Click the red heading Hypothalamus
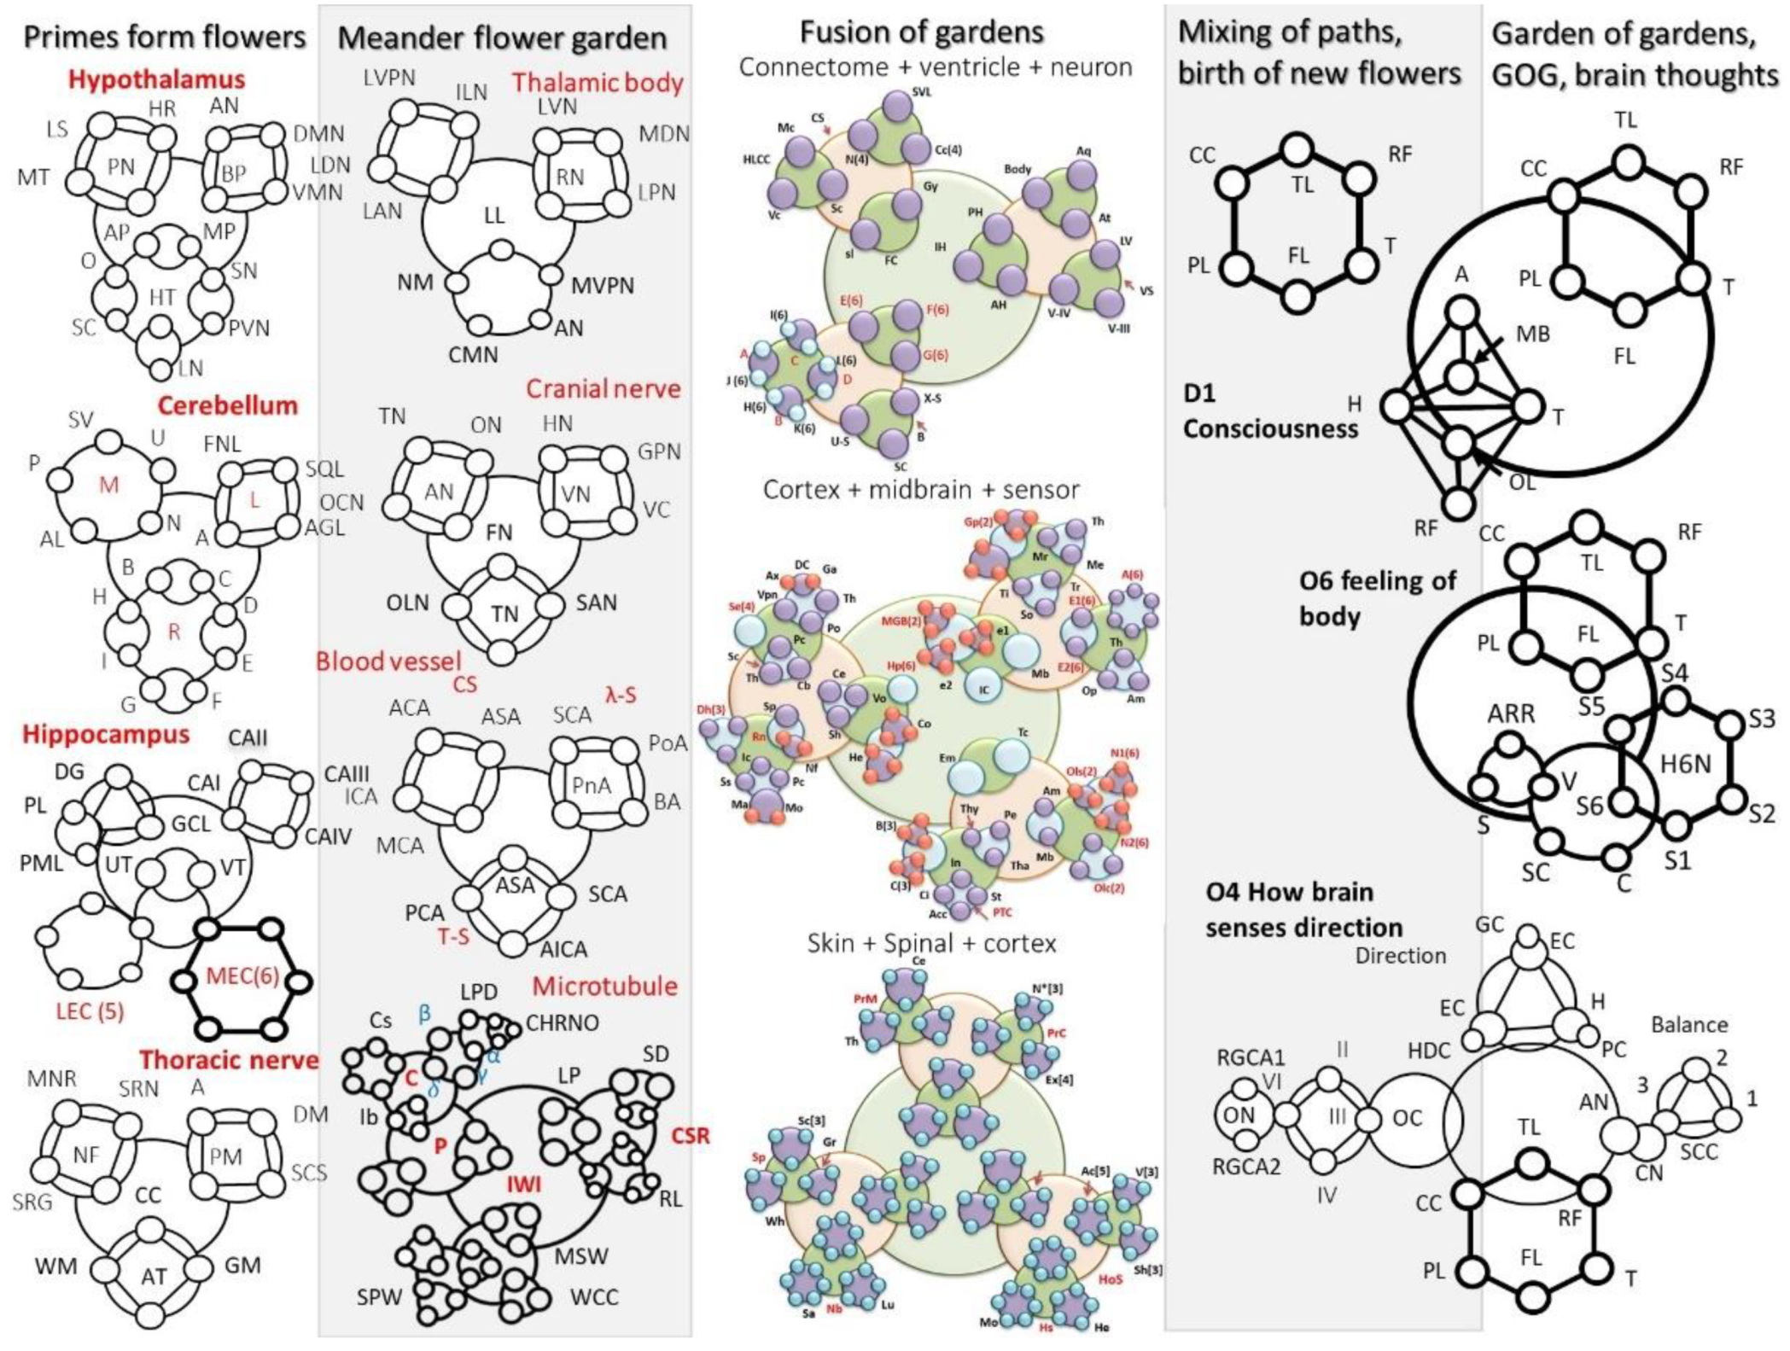click(x=156, y=79)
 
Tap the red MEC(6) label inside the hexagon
click(x=242, y=975)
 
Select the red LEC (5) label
click(x=90, y=1011)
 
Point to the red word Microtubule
click(x=604, y=987)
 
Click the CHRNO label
click(x=562, y=1022)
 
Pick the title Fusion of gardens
click(x=921, y=32)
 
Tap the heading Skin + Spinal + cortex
click(x=931, y=943)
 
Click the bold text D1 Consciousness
click(x=1269, y=411)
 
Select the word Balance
click(x=1688, y=1024)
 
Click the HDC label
click(x=1429, y=1050)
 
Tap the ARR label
click(x=1511, y=713)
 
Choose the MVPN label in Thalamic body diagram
click(x=603, y=285)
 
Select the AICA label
click(x=563, y=949)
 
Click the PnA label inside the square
click(x=592, y=783)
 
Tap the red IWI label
click(x=525, y=1184)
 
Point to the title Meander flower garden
click(x=502, y=38)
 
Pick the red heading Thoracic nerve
click(x=229, y=1060)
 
